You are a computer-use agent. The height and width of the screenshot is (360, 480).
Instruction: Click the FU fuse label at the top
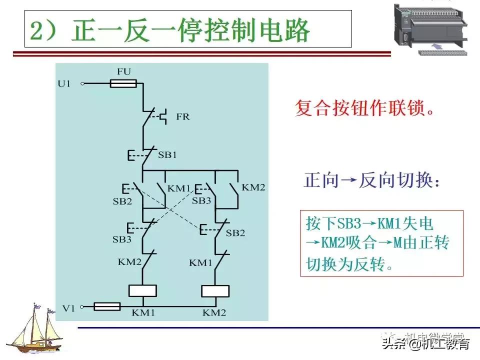[123, 72]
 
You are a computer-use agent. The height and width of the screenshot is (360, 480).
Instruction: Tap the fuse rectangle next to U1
[123, 84]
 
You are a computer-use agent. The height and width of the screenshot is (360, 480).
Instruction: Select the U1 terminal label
[64, 84]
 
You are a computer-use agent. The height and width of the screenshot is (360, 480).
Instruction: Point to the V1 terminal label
[68, 308]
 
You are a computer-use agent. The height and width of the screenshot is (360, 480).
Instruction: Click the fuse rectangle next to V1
[107, 306]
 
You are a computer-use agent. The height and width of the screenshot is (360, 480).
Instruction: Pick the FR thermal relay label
[183, 117]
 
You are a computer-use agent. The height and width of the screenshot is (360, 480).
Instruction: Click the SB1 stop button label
[167, 155]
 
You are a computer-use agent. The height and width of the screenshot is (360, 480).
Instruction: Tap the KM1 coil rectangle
[143, 290]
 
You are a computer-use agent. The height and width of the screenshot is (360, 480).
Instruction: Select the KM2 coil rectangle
[214, 291]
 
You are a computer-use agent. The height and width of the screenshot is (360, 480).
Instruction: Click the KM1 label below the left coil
[143, 313]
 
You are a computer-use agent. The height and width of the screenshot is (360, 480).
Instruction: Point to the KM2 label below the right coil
[214, 313]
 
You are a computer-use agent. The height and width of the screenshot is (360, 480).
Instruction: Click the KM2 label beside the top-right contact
[253, 187]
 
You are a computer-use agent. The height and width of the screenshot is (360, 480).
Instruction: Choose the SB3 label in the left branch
[121, 239]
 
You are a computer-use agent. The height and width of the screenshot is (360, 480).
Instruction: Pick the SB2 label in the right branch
[235, 233]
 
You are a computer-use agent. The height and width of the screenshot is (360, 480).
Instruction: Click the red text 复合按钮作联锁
[364, 108]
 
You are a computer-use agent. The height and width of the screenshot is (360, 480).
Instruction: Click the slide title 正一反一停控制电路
[170, 31]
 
